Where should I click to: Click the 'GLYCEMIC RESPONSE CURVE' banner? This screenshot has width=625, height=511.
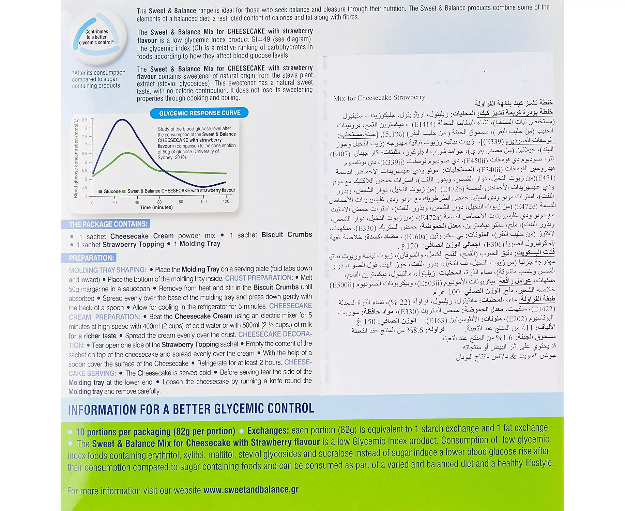[199, 113]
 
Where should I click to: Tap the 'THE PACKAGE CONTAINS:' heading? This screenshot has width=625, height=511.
[108, 224]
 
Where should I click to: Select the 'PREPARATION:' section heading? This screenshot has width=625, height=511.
[91, 258]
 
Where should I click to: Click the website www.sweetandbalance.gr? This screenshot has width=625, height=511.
[251, 490]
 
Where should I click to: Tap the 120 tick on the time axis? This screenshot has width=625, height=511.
[226, 201]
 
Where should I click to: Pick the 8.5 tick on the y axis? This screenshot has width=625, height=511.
[85, 120]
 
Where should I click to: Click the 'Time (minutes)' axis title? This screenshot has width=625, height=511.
[156, 207]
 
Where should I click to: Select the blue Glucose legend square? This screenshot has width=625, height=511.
[101, 191]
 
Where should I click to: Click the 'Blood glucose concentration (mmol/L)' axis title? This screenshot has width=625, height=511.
[76, 158]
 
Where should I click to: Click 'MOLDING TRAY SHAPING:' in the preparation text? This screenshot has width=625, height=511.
[107, 270]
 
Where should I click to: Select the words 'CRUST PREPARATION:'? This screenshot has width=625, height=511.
[259, 278]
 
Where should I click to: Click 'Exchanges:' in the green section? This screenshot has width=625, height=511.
[268, 431]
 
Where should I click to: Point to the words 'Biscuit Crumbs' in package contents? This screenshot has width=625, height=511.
[287, 235]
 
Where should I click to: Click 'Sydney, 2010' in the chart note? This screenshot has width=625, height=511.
[172, 157]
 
